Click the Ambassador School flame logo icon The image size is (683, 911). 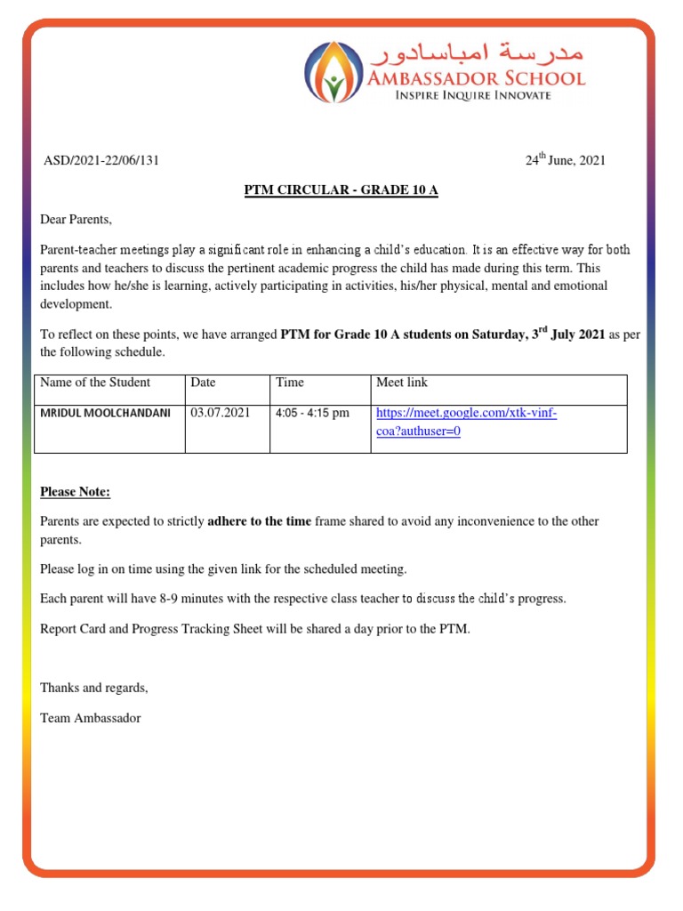coord(334,71)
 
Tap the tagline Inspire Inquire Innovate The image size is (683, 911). coord(472,95)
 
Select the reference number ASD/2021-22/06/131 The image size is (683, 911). coord(101,161)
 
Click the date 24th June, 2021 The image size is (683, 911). coord(565,160)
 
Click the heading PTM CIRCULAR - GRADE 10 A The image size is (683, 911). coord(341,190)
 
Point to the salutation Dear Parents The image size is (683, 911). coord(76,220)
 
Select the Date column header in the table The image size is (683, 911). coord(203,383)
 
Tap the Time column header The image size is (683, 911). coord(290,383)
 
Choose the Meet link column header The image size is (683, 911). coord(402,383)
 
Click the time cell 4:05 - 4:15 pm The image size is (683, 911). coord(312,414)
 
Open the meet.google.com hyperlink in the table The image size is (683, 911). coord(466,414)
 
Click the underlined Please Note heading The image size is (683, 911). coord(76,493)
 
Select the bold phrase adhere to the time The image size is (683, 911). coord(259,521)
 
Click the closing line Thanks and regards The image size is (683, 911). coord(94,688)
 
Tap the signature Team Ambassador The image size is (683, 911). coord(91,718)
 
